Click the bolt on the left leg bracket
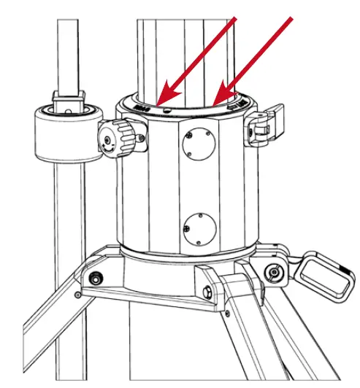tap(94, 278)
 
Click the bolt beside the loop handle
tap(273, 273)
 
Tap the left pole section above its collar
tap(67, 51)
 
